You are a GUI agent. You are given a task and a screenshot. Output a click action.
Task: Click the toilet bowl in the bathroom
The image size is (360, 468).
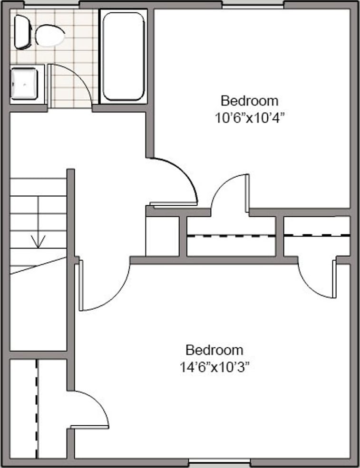click(49, 36)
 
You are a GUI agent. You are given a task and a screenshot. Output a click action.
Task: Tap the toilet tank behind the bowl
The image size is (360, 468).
click(22, 32)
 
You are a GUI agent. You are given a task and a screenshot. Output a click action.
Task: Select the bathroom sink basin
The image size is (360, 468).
click(24, 84)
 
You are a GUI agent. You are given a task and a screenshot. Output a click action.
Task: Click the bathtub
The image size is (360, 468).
click(123, 57)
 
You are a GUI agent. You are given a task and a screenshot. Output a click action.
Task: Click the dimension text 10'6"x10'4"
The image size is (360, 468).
click(249, 118)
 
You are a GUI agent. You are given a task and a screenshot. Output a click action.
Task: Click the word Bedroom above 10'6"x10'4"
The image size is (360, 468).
click(250, 101)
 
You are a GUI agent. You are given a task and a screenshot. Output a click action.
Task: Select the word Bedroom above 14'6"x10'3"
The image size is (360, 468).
click(214, 350)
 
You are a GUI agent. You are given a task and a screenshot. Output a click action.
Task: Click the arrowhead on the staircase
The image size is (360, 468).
click(38, 241)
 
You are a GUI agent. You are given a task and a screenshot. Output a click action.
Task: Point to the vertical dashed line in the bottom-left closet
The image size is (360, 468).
click(37, 409)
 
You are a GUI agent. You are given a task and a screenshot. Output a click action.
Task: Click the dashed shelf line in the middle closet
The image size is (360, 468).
click(231, 236)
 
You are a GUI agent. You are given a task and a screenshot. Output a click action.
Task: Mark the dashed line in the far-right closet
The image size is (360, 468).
click(317, 236)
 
